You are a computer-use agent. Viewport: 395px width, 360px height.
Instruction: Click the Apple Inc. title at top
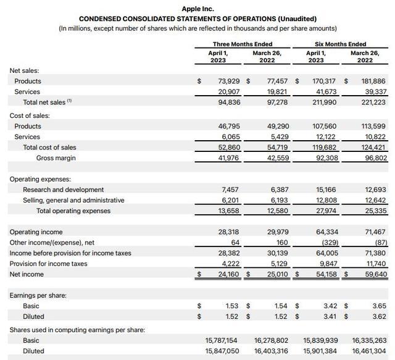[x=197, y=9]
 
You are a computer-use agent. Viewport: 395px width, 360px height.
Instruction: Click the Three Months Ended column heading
[x=243, y=44]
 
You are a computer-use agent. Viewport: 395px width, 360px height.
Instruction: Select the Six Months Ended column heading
[x=340, y=44]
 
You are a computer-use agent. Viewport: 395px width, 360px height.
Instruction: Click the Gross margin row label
[x=56, y=158]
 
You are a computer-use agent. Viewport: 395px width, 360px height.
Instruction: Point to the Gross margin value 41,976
[x=225, y=158]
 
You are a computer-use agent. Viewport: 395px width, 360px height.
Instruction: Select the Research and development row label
[x=63, y=190]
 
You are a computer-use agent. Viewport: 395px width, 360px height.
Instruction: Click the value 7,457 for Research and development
[x=229, y=190]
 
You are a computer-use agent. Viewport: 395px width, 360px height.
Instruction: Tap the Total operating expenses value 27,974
[x=325, y=211]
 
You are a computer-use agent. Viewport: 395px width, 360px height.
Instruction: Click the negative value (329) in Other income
[x=327, y=242]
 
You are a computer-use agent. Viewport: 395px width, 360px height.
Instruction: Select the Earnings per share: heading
[x=38, y=295]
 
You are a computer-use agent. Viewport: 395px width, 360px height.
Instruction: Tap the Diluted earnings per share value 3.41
[x=330, y=316]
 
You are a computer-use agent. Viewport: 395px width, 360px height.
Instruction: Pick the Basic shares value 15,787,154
[x=222, y=340]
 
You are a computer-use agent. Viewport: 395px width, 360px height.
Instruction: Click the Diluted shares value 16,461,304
[x=370, y=351]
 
